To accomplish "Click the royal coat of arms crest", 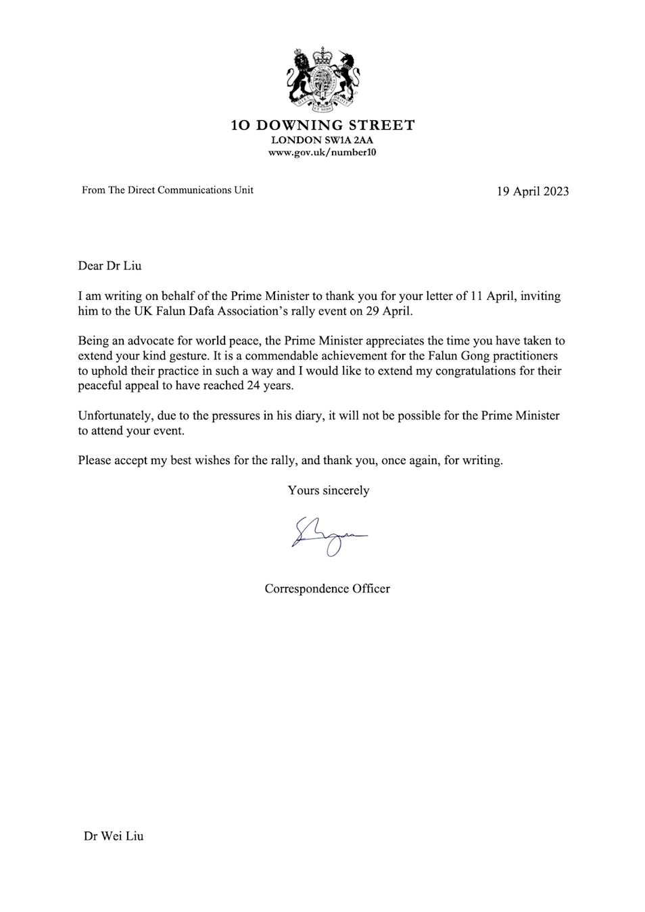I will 322,78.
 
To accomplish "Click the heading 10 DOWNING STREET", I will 322,125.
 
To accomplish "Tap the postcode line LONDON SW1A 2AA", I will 322,140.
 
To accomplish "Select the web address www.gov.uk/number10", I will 322,153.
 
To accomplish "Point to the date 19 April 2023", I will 533,191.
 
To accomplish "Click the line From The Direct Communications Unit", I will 168,191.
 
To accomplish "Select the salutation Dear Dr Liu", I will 110,265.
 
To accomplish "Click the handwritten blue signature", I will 329,536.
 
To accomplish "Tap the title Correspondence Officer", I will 327,589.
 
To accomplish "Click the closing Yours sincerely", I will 329,490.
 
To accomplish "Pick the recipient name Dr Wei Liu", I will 114,836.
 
